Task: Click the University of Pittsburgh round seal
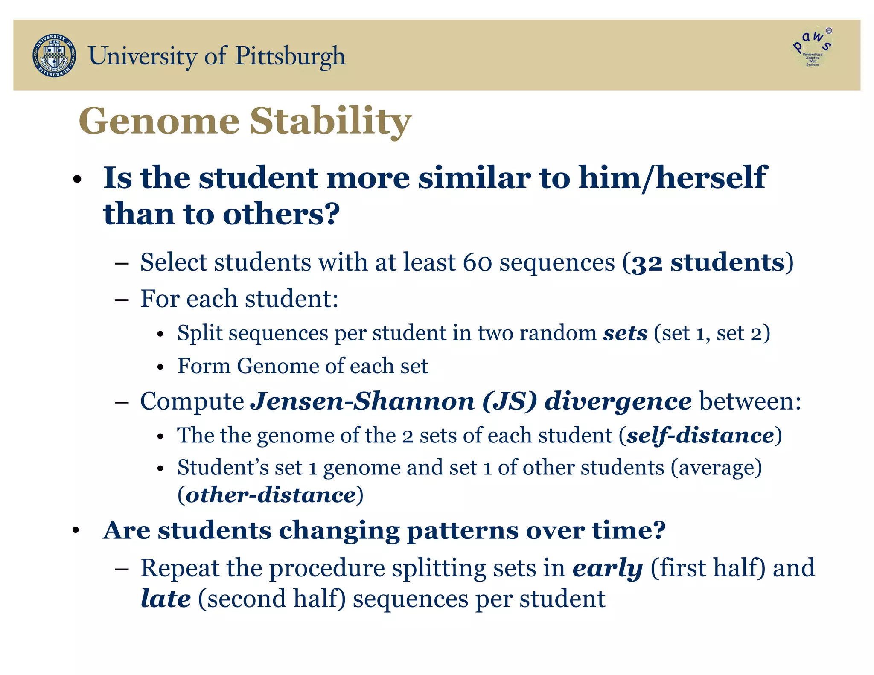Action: [54, 56]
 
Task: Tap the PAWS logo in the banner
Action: [813, 48]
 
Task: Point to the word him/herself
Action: [673, 177]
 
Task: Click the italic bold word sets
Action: [625, 333]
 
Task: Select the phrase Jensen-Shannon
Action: [362, 402]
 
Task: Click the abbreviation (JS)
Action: [509, 402]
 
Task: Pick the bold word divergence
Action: [618, 402]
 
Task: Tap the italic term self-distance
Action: [700, 436]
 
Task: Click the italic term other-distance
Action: [271, 495]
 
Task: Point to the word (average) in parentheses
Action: [716, 468]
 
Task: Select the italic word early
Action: [607, 568]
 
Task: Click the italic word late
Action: [166, 599]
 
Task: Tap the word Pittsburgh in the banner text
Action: [290, 56]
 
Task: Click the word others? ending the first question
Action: [281, 214]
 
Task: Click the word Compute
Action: [192, 402]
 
